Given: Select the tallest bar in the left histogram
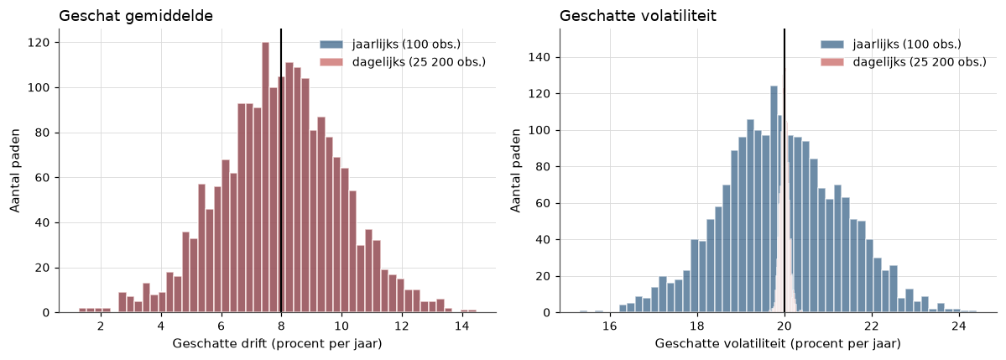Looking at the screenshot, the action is (266, 178).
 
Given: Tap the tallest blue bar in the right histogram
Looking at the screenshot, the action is (774, 200).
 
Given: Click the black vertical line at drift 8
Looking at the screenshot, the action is (281, 170).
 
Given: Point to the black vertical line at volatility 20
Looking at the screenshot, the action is (784, 170).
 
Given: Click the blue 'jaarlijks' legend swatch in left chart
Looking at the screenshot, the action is (332, 44).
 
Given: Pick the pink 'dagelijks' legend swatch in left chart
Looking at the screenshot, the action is (332, 62).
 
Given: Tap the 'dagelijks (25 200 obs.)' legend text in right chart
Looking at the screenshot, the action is (920, 62).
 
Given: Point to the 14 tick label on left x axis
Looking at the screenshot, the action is (461, 326).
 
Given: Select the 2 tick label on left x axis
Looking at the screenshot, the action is (100, 326).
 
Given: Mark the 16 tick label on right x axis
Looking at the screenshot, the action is (609, 326).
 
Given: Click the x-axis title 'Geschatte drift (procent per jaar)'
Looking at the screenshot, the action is (277, 345).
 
